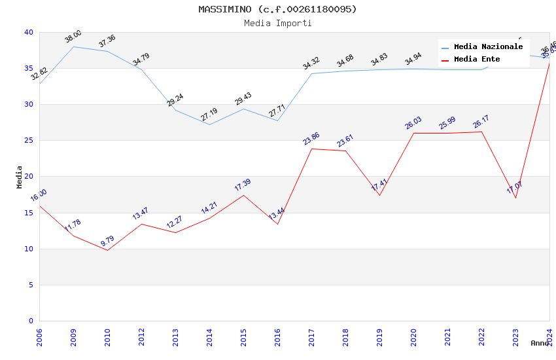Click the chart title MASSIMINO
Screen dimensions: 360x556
click(278, 9)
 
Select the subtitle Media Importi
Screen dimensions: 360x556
click(278, 24)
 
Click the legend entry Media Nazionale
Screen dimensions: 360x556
click(488, 47)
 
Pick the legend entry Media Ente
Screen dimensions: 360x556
click(477, 60)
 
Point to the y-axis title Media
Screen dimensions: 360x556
click(20, 177)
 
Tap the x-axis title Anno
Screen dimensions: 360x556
click(540, 343)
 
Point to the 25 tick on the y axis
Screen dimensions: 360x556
click(29, 141)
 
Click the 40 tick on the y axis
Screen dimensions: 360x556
click(29, 33)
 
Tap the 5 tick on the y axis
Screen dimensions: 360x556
click(31, 285)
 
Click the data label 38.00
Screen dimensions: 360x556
click(73, 37)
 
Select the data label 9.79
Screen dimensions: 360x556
click(107, 241)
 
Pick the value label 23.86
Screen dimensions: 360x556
click(311, 139)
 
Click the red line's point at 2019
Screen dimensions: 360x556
click(379, 195)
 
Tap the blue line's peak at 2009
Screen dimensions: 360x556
click(73, 46)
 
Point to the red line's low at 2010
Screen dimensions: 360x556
click(107, 250)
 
